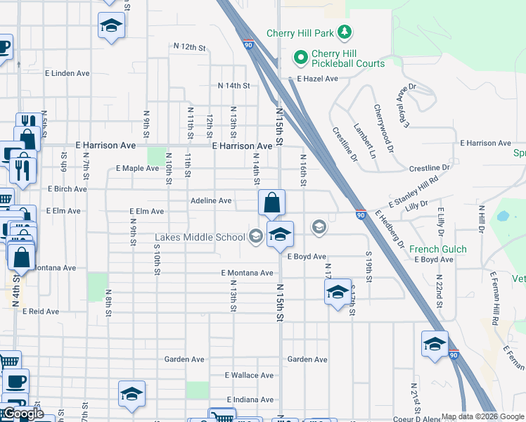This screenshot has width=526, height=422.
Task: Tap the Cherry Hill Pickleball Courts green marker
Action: pos(301,57)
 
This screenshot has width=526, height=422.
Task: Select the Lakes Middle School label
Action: pos(200,238)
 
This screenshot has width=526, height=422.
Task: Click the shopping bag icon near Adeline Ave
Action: pos(271,203)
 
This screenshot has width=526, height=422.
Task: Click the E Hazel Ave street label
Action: pos(317,79)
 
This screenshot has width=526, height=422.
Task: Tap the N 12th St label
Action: pos(189,47)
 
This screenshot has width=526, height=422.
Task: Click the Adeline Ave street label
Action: pos(211,200)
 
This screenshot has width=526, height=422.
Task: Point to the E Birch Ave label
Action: pos(68,189)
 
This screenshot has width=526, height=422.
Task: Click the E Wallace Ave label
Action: pos(249,376)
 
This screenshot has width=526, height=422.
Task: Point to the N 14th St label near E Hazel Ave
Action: pos(234,86)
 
